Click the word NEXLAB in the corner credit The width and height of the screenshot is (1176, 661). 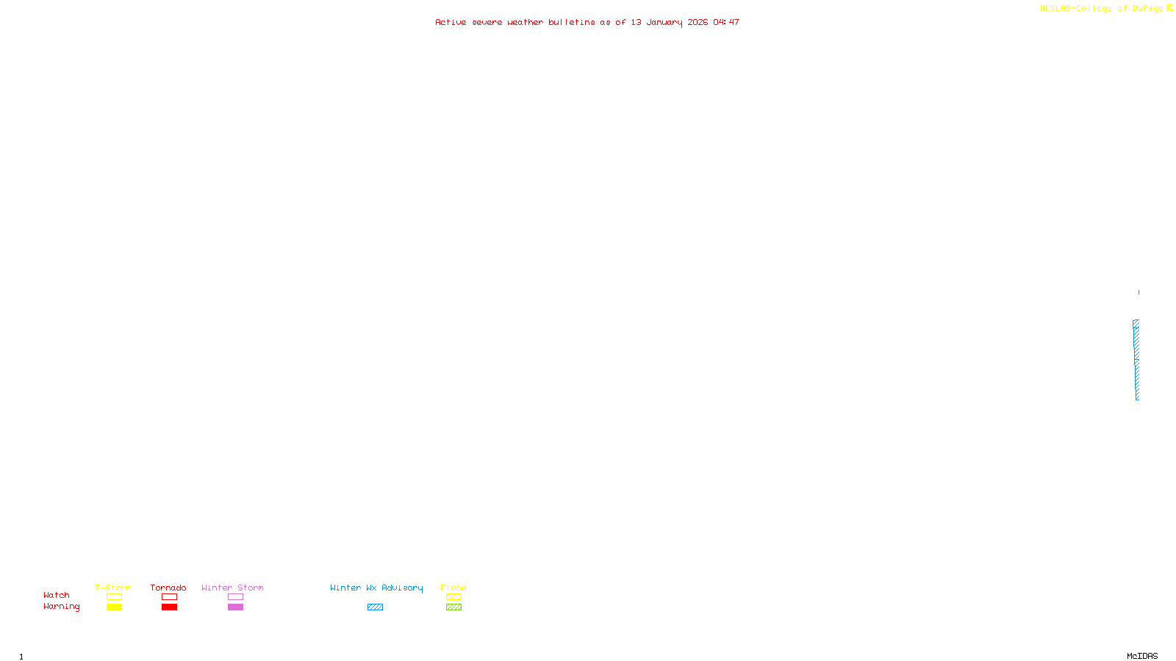[x=1055, y=9]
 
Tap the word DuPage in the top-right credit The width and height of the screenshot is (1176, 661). [x=1147, y=9]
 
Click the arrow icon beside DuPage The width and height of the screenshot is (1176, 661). [x=1169, y=8]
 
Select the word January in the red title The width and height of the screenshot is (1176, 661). [x=664, y=23]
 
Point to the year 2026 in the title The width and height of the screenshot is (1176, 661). [x=698, y=23]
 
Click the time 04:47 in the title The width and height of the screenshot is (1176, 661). [x=726, y=23]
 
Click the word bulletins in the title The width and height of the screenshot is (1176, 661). [x=571, y=23]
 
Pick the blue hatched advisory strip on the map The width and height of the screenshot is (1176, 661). [x=1136, y=360]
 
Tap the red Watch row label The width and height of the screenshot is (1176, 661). [x=57, y=596]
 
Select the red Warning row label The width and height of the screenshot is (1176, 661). [x=61, y=607]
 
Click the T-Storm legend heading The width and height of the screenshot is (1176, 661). [x=113, y=588]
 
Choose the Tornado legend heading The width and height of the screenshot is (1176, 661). [x=168, y=588]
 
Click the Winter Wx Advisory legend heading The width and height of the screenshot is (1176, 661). [x=376, y=588]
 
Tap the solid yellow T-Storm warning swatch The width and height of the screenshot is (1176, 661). [x=114, y=607]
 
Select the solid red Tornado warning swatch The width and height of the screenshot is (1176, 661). [x=169, y=607]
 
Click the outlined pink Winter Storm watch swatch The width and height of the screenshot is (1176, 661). [x=235, y=597]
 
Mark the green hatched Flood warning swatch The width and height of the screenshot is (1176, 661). [x=453, y=607]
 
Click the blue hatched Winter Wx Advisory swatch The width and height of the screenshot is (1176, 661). [x=375, y=607]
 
